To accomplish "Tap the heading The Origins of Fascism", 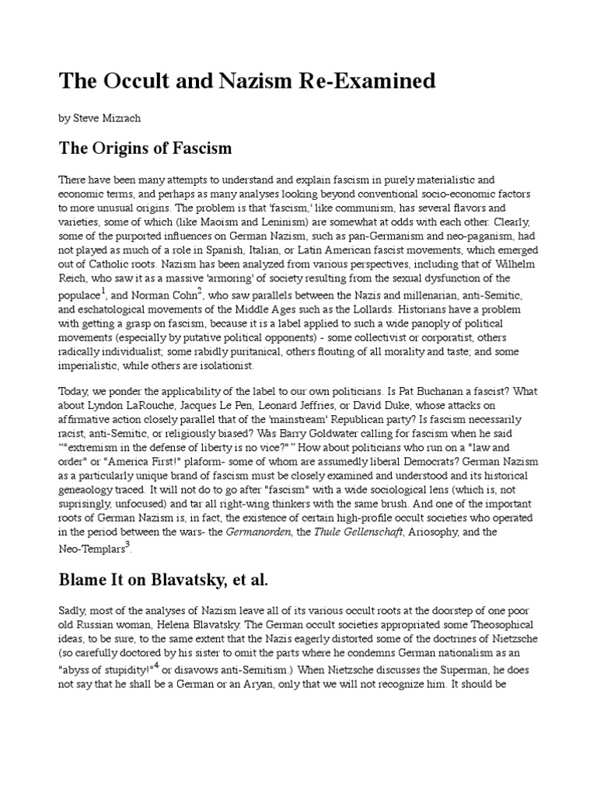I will click(145, 148).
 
